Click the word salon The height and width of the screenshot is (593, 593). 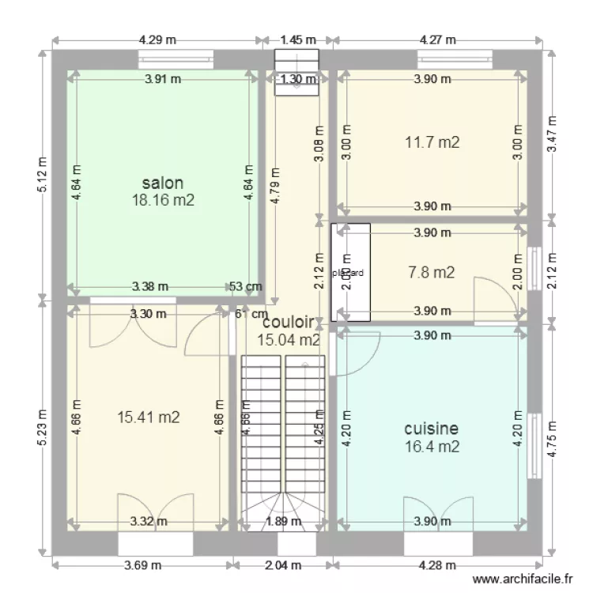(163, 183)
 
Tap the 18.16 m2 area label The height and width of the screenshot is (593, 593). (163, 200)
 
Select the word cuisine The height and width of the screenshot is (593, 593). (431, 429)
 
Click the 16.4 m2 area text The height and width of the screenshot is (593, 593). (431, 447)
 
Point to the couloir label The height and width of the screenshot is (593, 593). (288, 323)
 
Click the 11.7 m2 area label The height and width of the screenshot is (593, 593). (432, 142)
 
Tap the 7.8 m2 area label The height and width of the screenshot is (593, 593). (431, 272)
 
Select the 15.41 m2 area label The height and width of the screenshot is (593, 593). (148, 417)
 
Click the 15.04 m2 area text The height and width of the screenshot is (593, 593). (289, 340)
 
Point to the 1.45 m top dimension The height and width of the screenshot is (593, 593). (297, 39)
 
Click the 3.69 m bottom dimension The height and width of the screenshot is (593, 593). (143, 565)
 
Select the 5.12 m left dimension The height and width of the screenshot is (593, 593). (42, 173)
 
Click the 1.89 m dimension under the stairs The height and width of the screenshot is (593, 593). (282, 521)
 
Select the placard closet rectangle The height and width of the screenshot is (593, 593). (350, 272)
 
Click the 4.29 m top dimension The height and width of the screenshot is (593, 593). (157, 39)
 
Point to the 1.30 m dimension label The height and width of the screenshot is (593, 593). (296, 78)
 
